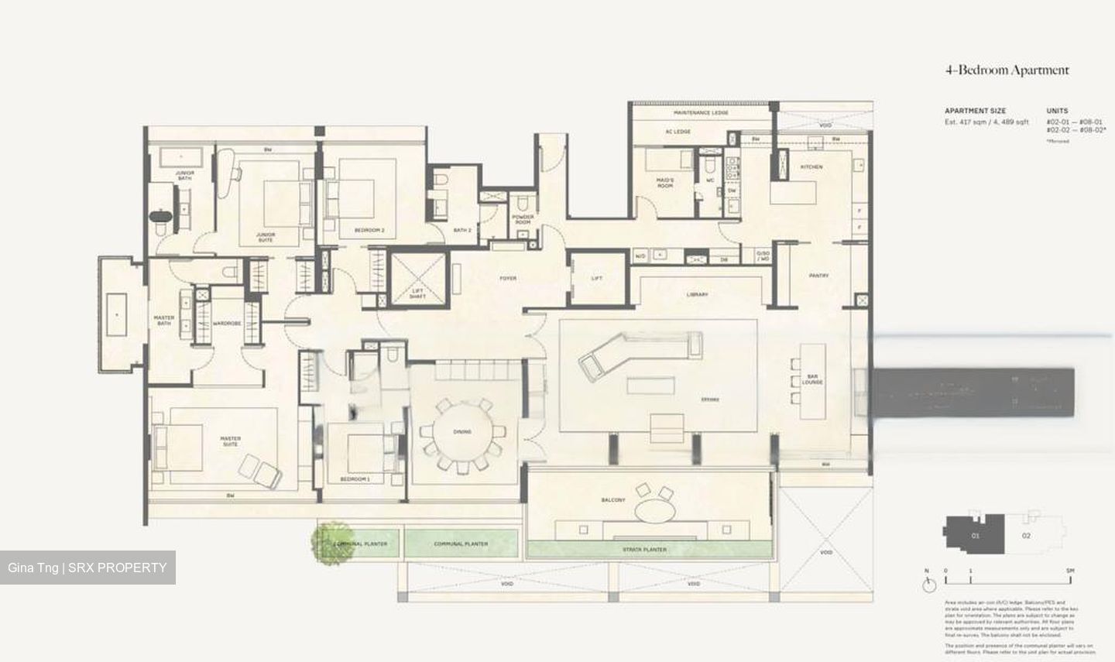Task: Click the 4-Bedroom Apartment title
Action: [x=1006, y=70]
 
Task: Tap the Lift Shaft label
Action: [x=417, y=293]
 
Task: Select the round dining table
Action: [x=462, y=431]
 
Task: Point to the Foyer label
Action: [x=508, y=278]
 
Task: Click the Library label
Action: [x=697, y=294]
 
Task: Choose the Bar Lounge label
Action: [x=812, y=379]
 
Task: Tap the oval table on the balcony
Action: [x=655, y=509]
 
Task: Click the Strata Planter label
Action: [x=644, y=550]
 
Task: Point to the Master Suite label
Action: [x=231, y=441]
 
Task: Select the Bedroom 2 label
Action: [x=369, y=230]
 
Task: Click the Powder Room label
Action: [x=523, y=220]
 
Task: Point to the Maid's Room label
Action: [x=665, y=183]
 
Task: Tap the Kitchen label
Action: [x=811, y=167]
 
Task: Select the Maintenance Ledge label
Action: [x=701, y=113]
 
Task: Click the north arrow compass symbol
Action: [x=927, y=581]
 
